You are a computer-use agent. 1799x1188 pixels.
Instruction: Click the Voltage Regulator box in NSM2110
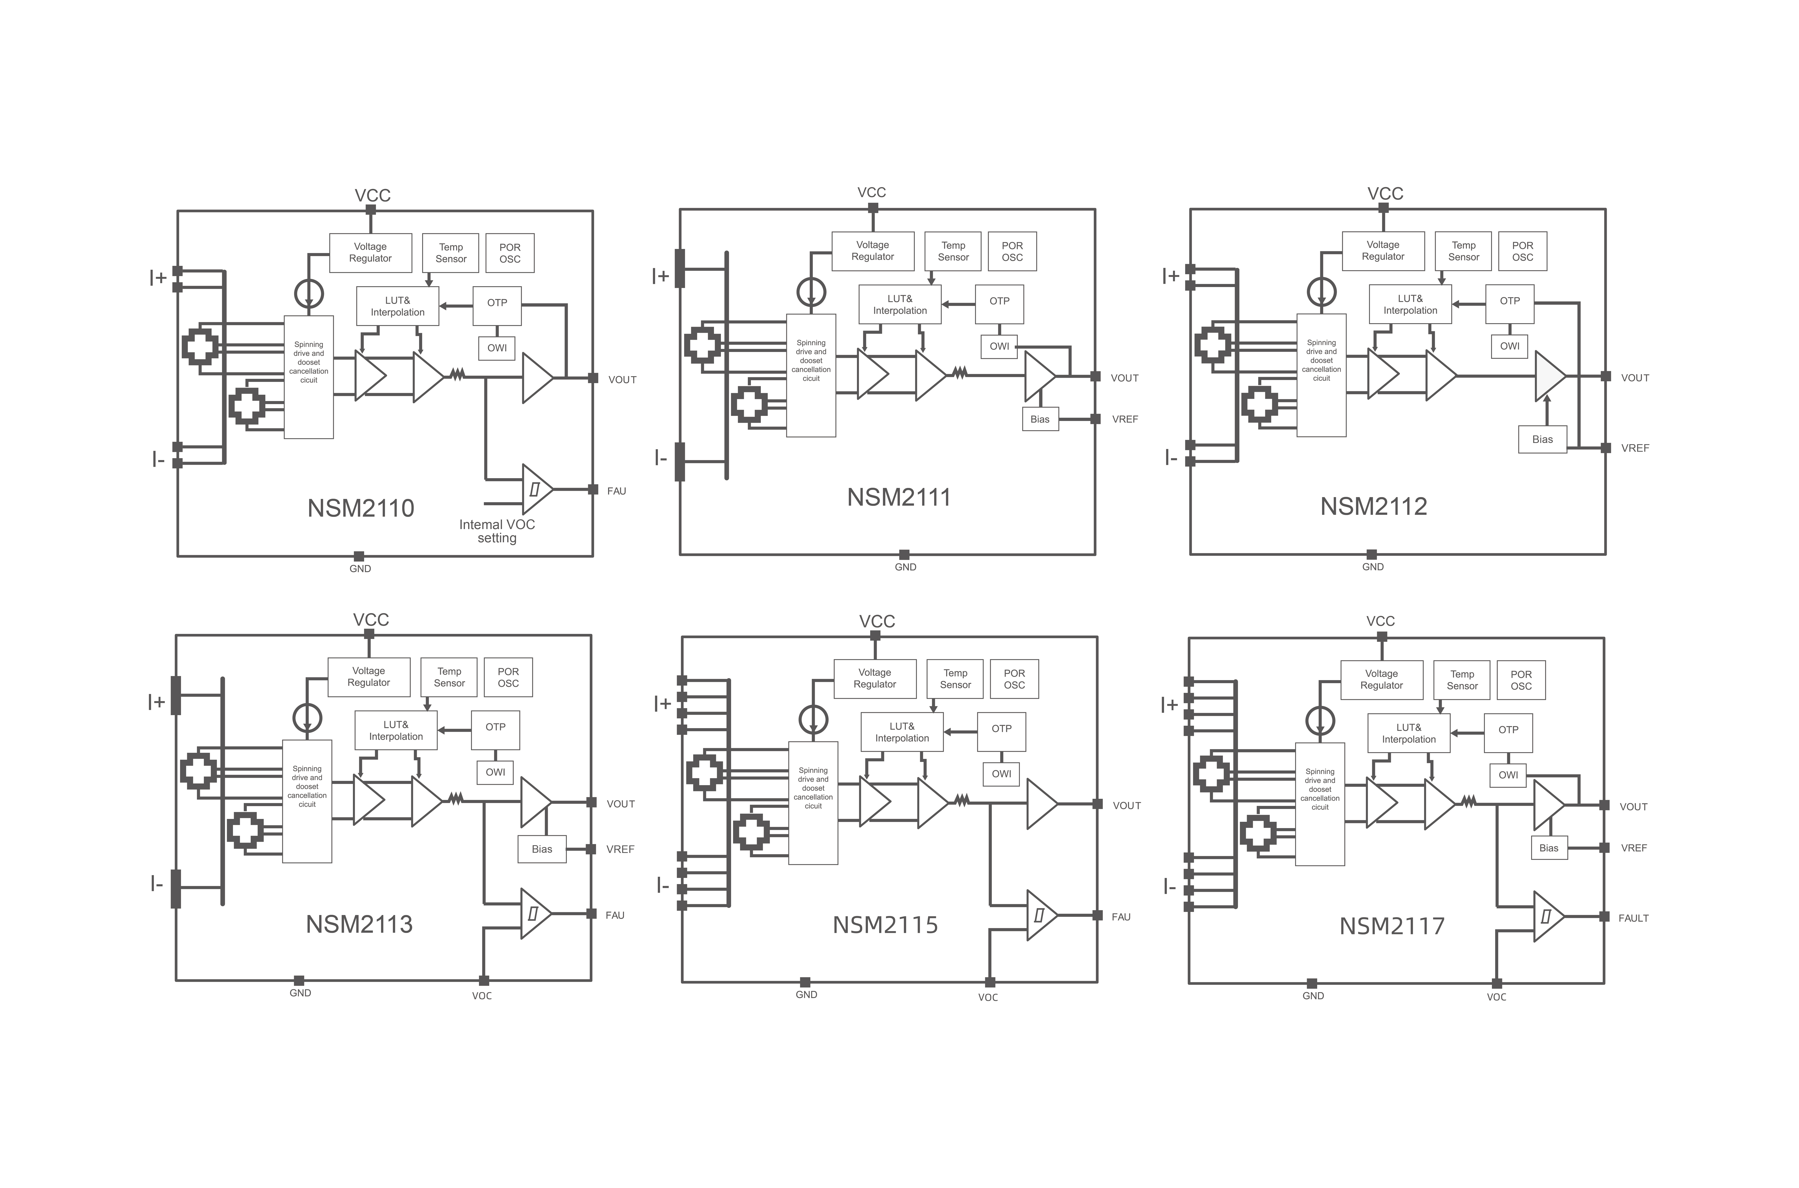click(371, 252)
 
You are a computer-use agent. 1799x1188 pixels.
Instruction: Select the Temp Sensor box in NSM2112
click(1463, 251)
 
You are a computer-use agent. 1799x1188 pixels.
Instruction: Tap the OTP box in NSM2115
click(1001, 729)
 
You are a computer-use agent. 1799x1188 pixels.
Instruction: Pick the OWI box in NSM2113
click(496, 772)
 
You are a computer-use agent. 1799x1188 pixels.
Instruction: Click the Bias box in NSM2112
click(1542, 439)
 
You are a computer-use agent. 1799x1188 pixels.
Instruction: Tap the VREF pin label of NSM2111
click(1125, 419)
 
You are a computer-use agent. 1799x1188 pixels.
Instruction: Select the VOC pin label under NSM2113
click(482, 996)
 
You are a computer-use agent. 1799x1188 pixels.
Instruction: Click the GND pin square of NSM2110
click(359, 556)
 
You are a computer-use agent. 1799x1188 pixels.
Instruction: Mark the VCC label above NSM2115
click(877, 621)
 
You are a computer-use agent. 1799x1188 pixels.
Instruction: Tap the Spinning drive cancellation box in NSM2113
click(307, 801)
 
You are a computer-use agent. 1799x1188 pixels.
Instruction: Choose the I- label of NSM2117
click(1169, 887)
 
